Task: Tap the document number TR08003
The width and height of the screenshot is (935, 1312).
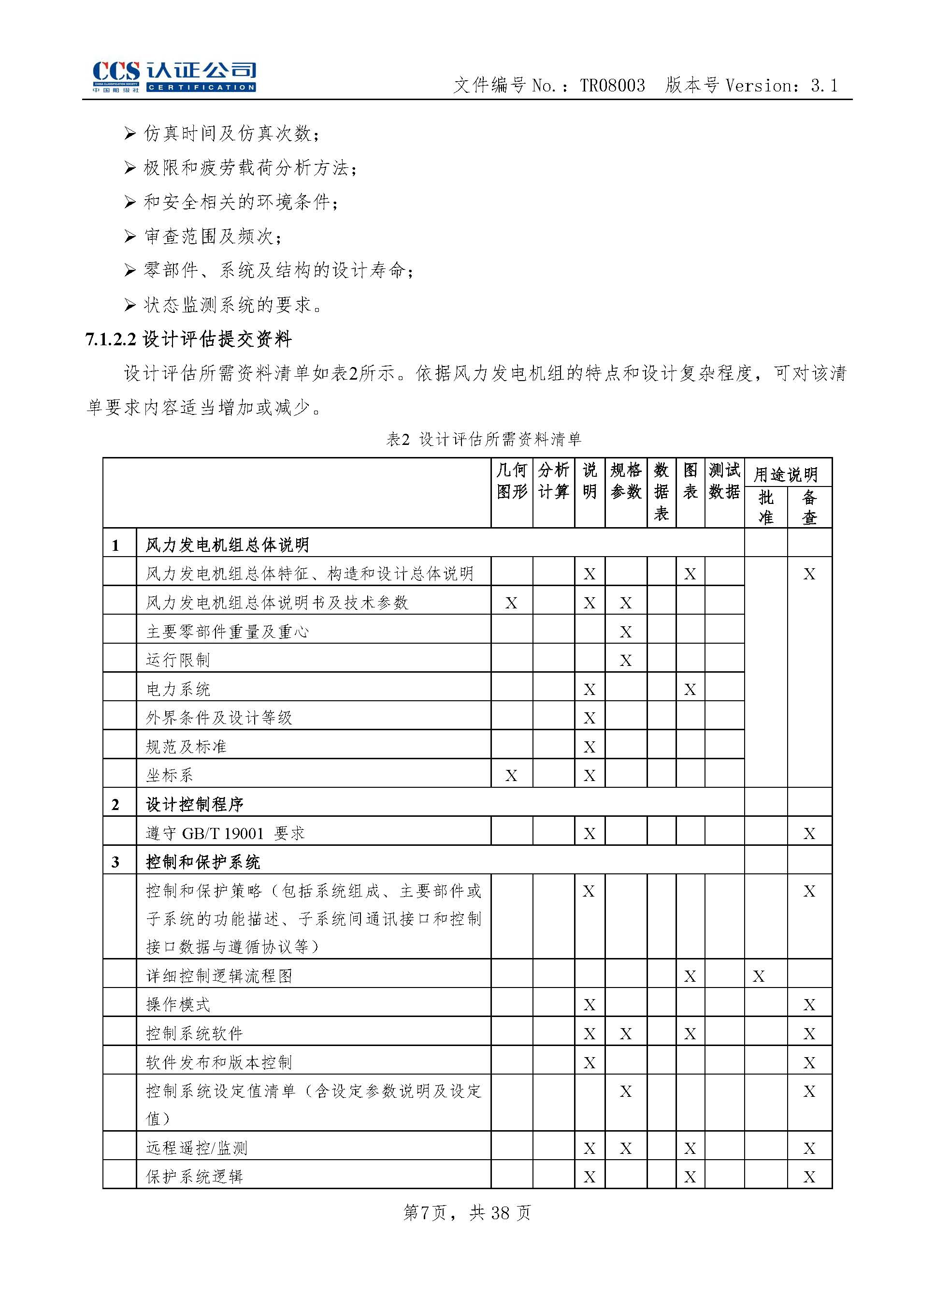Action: pyautogui.click(x=612, y=86)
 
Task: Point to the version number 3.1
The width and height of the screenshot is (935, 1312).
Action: pyautogui.click(x=824, y=86)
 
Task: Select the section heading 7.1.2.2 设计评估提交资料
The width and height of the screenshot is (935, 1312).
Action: pyautogui.click(x=188, y=339)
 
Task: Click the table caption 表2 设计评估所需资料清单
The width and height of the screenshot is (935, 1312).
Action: pyautogui.click(x=484, y=439)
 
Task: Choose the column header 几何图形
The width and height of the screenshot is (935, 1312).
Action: pyautogui.click(x=512, y=481)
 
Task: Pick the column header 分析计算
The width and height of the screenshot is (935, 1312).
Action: pyautogui.click(x=553, y=481)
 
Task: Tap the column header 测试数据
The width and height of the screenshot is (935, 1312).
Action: pyautogui.click(x=724, y=481)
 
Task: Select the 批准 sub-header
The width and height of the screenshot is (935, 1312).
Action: pyautogui.click(x=765, y=507)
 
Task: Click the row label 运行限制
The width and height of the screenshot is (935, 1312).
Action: pyautogui.click(x=178, y=660)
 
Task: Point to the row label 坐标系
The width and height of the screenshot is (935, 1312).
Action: pyautogui.click(x=169, y=775)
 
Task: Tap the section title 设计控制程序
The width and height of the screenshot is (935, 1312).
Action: pyautogui.click(x=195, y=804)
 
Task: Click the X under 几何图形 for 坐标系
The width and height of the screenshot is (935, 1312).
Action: pyautogui.click(x=511, y=776)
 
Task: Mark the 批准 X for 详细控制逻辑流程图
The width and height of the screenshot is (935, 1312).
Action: pyautogui.click(x=759, y=976)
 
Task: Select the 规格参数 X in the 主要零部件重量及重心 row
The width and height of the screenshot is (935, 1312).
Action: pyautogui.click(x=626, y=632)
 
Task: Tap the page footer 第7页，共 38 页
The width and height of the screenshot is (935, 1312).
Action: pyautogui.click(x=467, y=1213)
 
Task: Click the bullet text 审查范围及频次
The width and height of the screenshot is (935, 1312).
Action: pyautogui.click(x=213, y=236)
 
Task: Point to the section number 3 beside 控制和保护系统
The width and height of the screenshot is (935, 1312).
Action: pyautogui.click(x=115, y=862)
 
